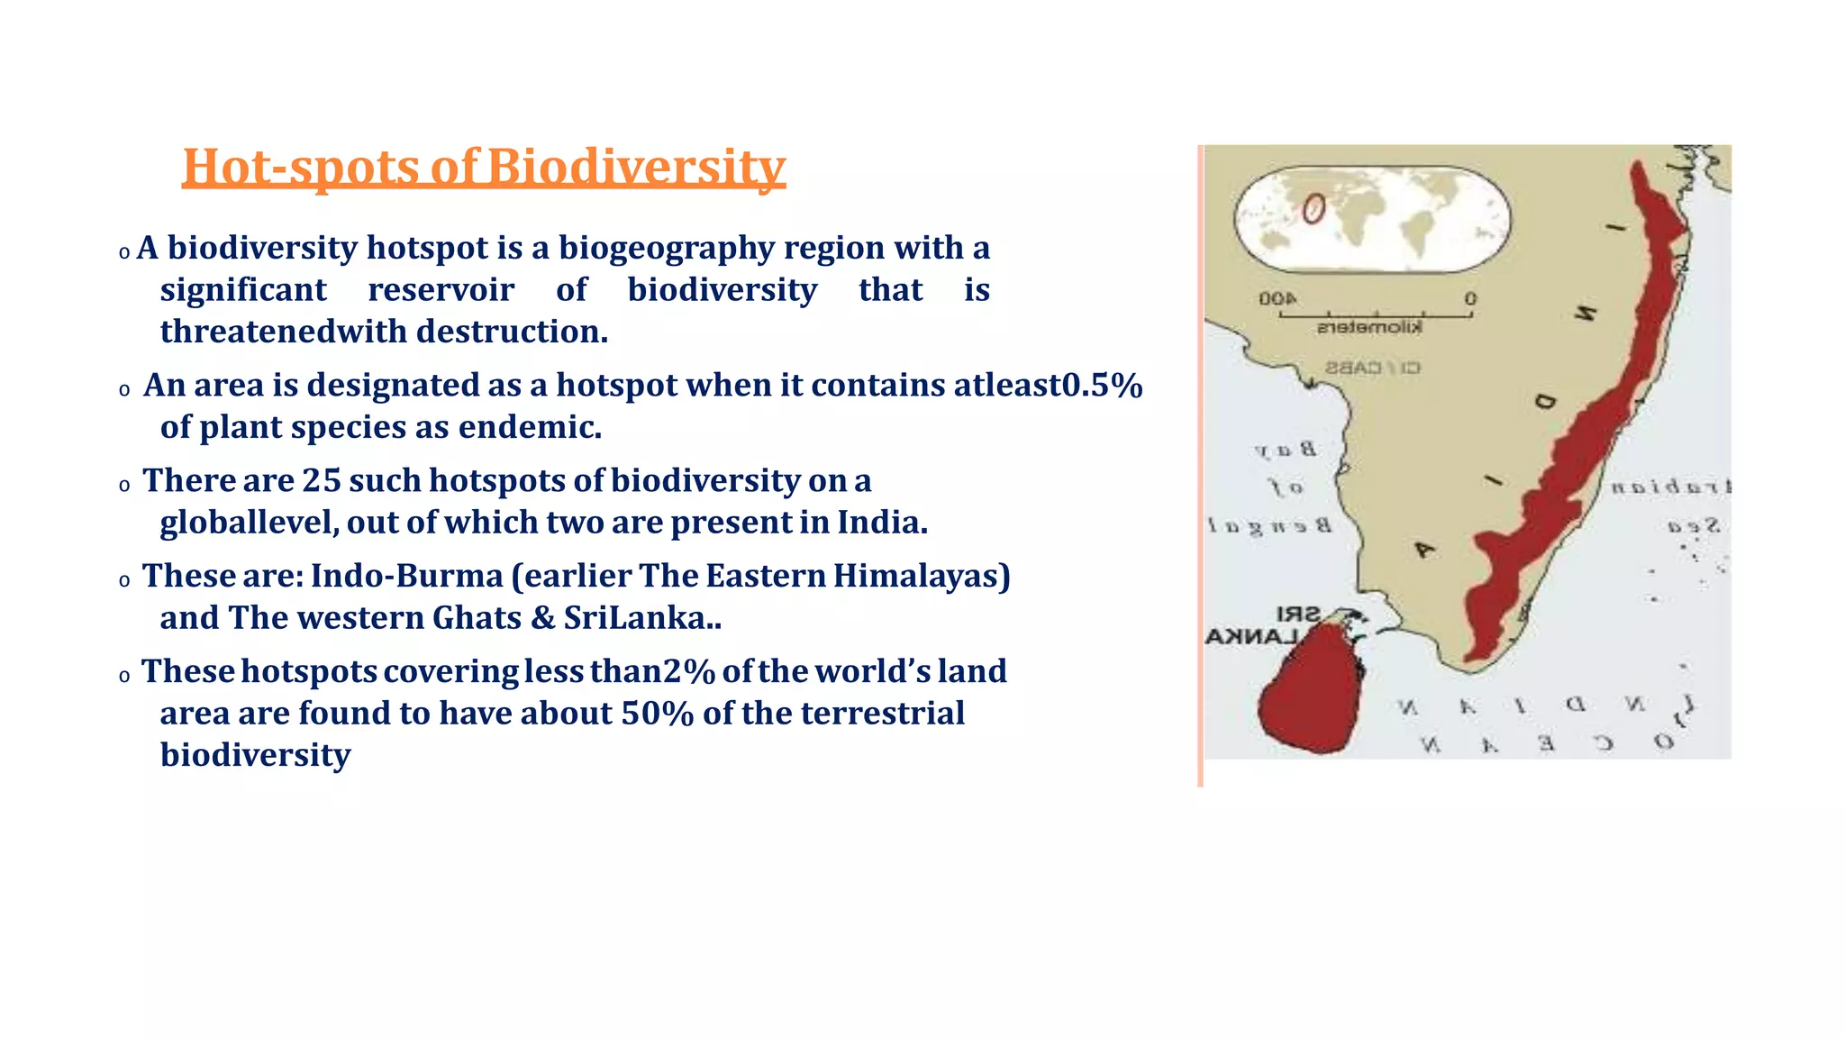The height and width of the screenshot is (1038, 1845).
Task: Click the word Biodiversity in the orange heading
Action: (636, 168)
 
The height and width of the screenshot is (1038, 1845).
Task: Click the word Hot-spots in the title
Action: (301, 168)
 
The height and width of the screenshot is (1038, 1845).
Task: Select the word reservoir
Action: (441, 290)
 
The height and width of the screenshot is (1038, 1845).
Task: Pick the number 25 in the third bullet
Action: (321, 481)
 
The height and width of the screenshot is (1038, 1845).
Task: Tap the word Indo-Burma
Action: (406, 576)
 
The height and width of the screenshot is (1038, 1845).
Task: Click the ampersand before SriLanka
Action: (542, 618)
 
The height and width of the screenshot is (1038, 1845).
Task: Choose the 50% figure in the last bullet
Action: (657, 714)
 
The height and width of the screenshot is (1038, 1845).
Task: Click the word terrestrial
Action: (882, 714)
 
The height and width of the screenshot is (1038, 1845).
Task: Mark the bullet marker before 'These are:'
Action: (124, 581)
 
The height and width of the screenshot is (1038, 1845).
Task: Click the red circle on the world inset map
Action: (1313, 209)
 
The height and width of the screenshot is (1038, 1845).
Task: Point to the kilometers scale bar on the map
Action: (1375, 315)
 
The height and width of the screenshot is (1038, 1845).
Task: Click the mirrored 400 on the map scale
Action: (1277, 298)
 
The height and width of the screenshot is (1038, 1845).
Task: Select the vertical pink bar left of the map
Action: (1200, 465)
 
